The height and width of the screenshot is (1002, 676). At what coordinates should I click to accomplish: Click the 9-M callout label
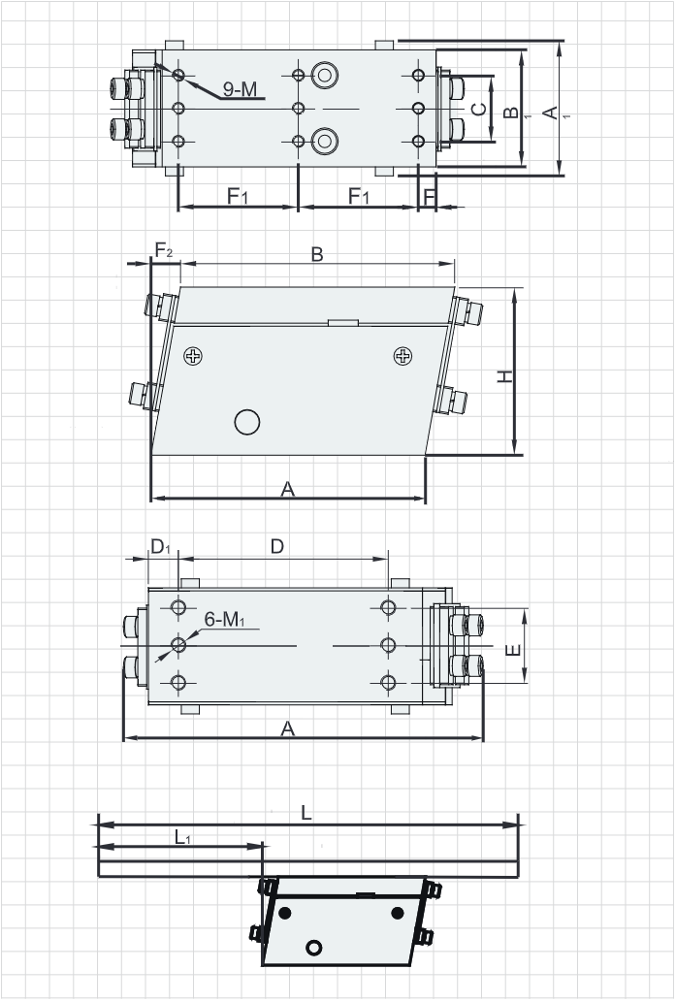point(240,89)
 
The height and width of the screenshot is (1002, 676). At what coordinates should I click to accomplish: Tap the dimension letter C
point(478,109)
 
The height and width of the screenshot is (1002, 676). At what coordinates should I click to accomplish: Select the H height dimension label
point(505,376)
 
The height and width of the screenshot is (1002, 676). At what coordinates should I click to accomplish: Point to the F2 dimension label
point(164,250)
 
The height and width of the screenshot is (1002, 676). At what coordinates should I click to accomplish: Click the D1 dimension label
point(160,546)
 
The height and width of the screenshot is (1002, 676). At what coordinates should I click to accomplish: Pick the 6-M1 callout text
point(224,619)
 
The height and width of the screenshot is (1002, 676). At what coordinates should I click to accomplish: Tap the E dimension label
point(513,651)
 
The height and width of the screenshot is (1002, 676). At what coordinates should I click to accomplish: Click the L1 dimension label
point(182,837)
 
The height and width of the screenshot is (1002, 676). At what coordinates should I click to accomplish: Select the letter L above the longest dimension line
point(306,813)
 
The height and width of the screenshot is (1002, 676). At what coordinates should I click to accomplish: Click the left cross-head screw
point(193,356)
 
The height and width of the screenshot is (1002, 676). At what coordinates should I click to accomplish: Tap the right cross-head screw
point(402,356)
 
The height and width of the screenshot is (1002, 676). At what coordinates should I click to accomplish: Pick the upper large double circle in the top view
point(325,76)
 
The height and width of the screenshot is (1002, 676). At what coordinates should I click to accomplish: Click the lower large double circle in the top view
point(325,141)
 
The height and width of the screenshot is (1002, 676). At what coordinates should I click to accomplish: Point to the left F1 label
point(237,196)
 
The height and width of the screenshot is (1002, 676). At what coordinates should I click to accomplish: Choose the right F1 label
point(359,196)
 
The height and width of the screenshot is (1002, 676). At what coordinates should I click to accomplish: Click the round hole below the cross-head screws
point(247,422)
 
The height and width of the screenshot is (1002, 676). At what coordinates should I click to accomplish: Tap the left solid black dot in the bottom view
point(285,913)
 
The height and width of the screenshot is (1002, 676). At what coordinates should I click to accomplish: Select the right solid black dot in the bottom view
point(398,913)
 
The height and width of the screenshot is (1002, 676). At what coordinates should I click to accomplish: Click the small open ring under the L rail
point(313,947)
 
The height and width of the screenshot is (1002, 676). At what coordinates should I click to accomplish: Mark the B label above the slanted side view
point(317,254)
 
